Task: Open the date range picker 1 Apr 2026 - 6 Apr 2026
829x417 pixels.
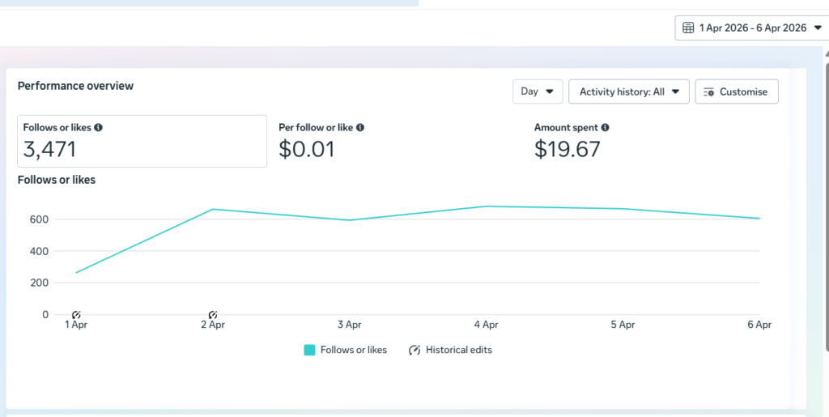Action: [x=751, y=28]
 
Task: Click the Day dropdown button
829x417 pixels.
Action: [x=538, y=91]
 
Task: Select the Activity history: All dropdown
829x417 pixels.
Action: [x=628, y=91]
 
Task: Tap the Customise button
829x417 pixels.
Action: [x=737, y=91]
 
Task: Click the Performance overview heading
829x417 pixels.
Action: [x=75, y=86]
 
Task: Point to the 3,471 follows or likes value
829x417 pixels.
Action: [x=49, y=150]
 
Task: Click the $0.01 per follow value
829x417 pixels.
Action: [x=307, y=150]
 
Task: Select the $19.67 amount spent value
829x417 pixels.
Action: [x=568, y=150]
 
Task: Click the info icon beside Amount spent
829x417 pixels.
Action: [x=606, y=127]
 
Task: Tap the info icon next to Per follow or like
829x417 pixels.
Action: [x=360, y=127]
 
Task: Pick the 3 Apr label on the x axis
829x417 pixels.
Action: [x=350, y=325]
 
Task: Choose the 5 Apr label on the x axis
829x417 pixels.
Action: [x=623, y=325]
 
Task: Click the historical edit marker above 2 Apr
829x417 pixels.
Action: [x=213, y=315]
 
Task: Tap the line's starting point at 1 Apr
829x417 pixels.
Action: [x=76, y=273]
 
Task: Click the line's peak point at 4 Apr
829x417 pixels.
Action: [x=486, y=206]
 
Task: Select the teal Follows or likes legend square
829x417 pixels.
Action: [x=309, y=350]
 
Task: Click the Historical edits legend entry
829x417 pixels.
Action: [x=450, y=350]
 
